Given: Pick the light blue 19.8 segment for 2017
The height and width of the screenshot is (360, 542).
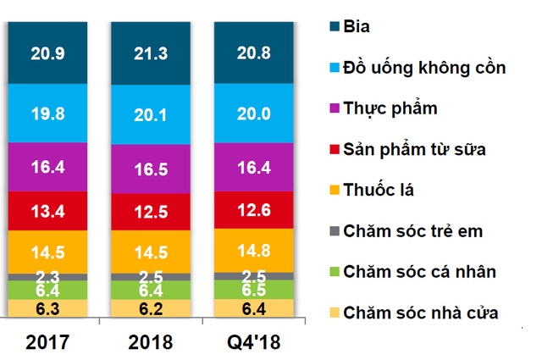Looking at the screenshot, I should [47, 114].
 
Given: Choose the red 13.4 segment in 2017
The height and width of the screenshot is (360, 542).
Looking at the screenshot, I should [47, 210].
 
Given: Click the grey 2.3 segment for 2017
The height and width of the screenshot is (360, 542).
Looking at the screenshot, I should [47, 277].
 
